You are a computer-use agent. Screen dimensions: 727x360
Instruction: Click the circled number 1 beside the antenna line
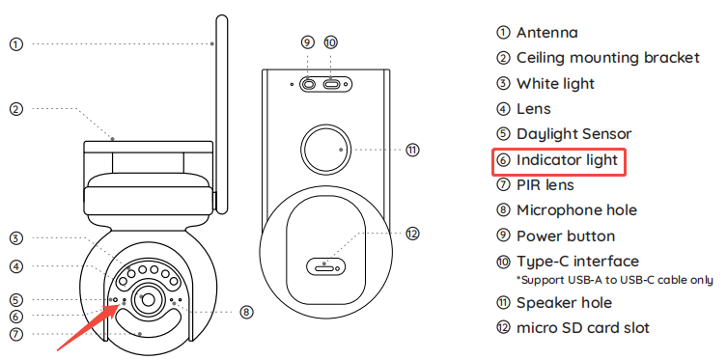coord(16,44)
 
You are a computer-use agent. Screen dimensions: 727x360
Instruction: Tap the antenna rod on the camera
coord(222,115)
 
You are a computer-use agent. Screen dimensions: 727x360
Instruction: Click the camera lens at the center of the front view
coord(148,300)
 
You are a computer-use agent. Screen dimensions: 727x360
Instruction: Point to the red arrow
coord(88,327)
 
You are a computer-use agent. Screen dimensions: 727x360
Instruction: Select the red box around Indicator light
coord(559,161)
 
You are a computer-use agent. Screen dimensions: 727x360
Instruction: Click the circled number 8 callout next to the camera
coord(246,312)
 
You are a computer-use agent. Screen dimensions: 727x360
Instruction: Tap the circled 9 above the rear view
coord(307,42)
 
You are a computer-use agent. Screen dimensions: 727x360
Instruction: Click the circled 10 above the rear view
coord(330,42)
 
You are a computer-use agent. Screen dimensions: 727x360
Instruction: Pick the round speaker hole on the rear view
coord(326,150)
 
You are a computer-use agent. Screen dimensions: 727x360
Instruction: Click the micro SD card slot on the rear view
coord(326,266)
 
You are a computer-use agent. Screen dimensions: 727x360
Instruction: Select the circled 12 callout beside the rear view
coord(412,234)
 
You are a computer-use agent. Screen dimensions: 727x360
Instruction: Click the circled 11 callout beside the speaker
coord(412,151)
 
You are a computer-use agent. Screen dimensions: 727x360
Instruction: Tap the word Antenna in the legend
coord(547,33)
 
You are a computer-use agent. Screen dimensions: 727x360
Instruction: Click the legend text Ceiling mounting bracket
coord(608,58)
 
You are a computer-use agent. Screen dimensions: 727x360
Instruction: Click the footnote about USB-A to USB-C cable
coord(615,280)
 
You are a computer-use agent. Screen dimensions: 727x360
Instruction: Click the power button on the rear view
coord(309,85)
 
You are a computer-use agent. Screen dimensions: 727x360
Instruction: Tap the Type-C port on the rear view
coord(332,85)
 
